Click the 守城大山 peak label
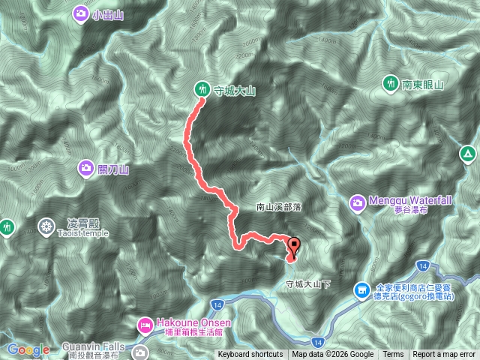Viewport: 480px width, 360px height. pos(235,91)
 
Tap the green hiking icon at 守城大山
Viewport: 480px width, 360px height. pos(202,88)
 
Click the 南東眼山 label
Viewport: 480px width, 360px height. pos(423,85)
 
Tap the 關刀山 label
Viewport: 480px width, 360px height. pos(113,169)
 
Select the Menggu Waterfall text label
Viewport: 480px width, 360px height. pos(410,201)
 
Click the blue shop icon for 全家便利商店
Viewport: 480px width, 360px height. pos(362,289)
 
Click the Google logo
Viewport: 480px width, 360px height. pos(28,350)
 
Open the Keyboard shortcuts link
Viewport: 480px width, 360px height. pos(250,355)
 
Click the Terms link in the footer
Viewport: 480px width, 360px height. pos(393,355)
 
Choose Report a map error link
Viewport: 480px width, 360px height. pos(444,355)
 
